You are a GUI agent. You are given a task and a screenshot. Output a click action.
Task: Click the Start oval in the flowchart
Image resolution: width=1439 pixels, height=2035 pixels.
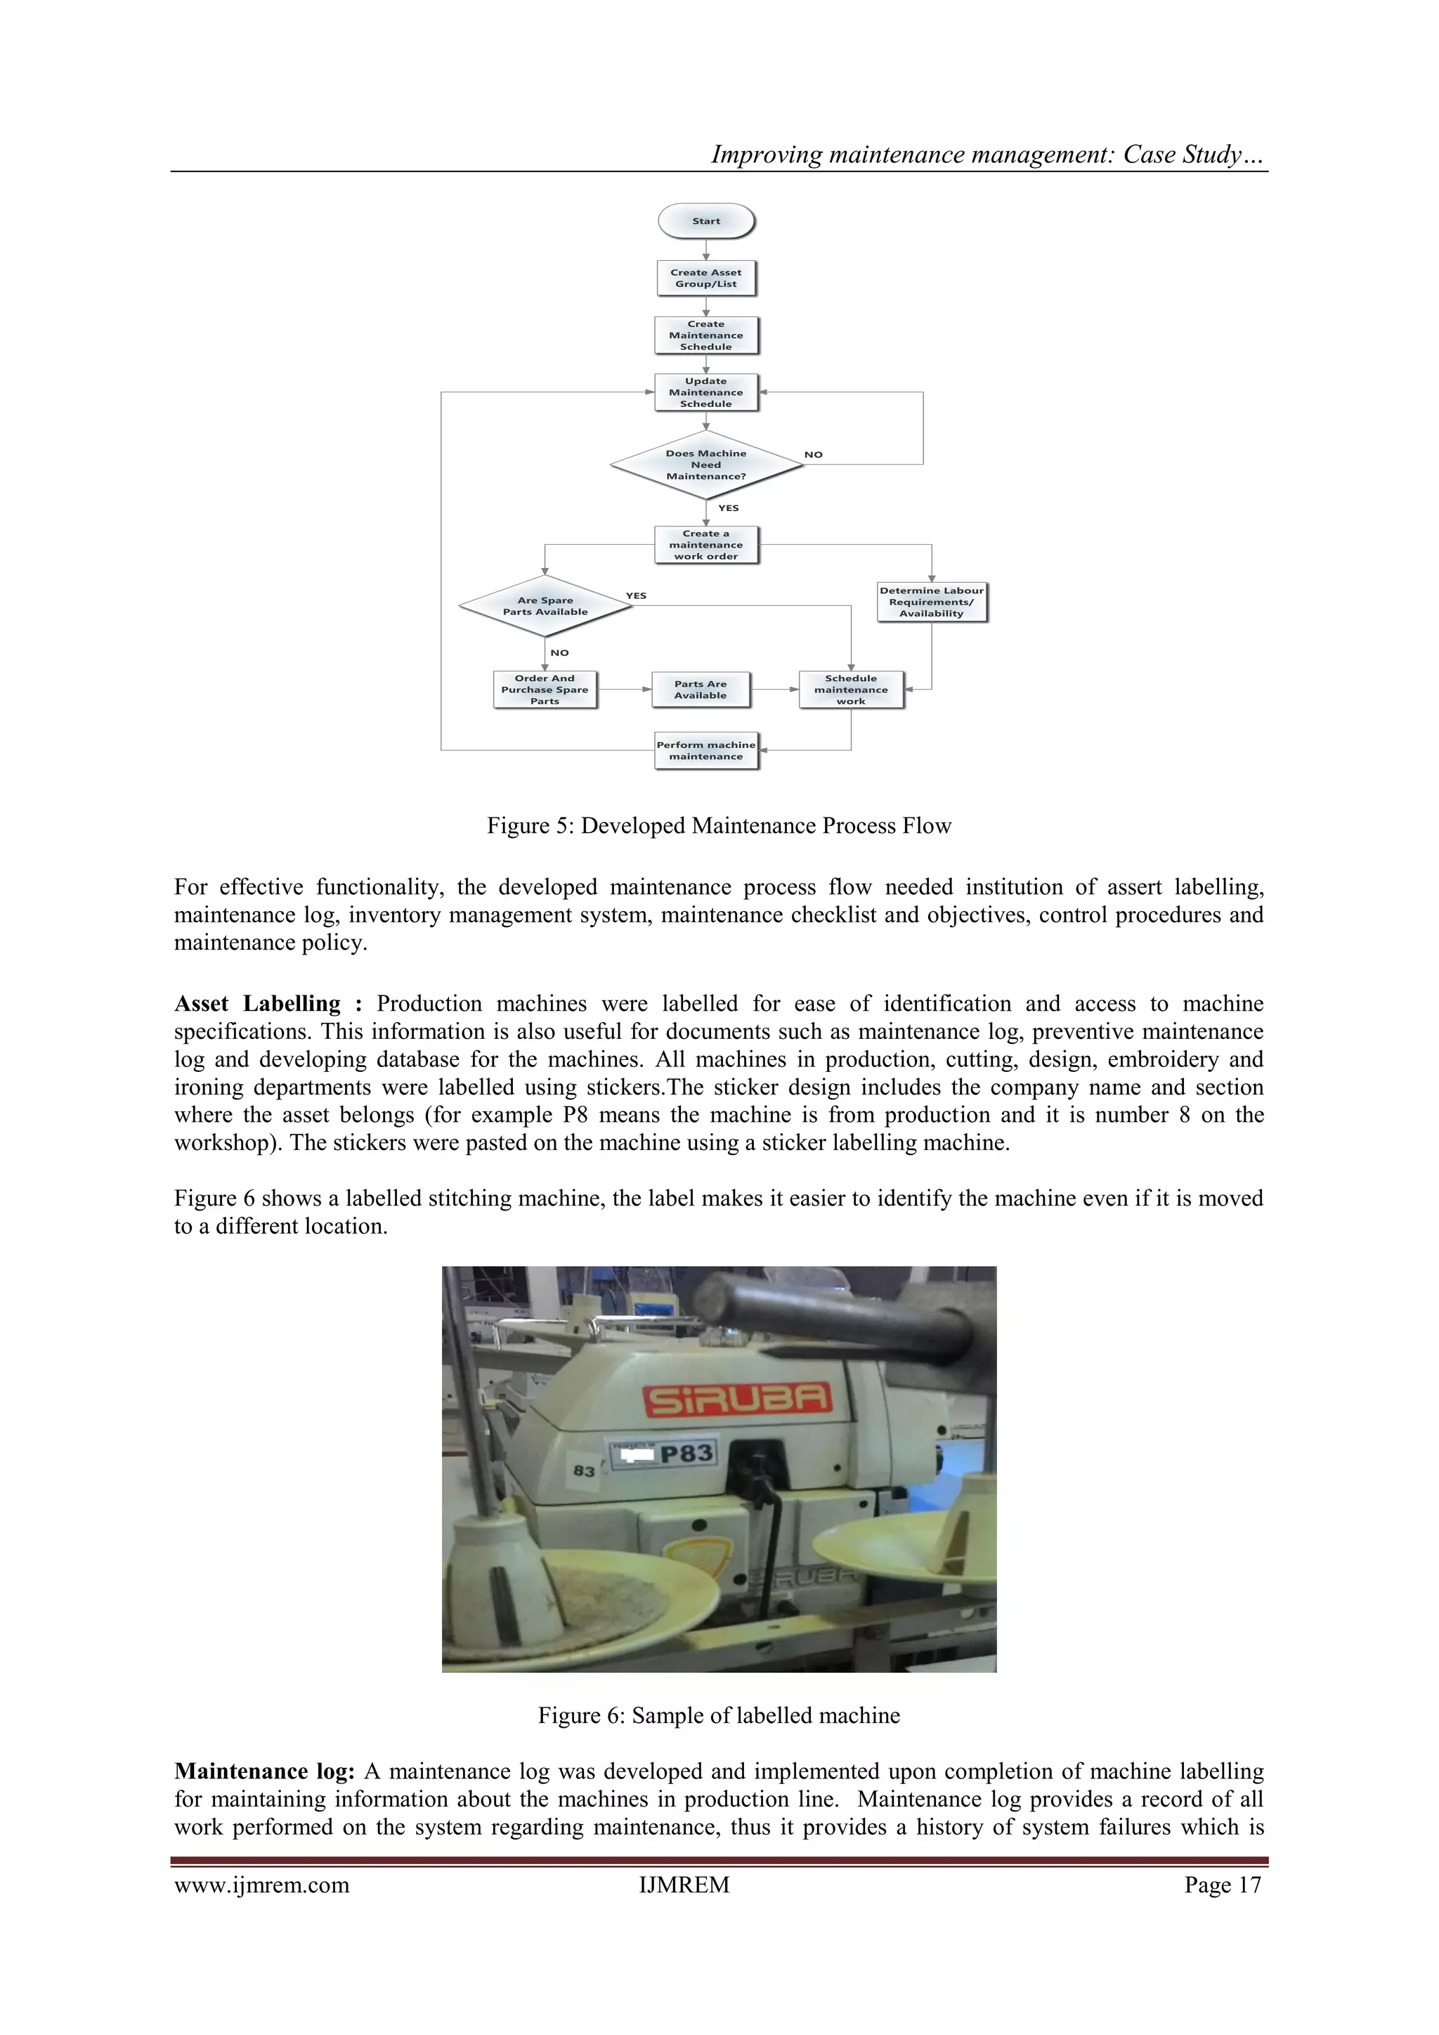pyautogui.click(x=705, y=221)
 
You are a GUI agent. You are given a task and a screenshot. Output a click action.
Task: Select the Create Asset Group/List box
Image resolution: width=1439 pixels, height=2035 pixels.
pyautogui.click(x=705, y=278)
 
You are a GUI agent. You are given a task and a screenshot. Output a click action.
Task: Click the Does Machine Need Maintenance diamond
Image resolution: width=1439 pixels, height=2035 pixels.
pyautogui.click(x=705, y=465)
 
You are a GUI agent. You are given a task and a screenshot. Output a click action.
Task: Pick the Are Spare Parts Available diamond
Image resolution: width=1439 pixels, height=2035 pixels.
pyautogui.click(x=545, y=606)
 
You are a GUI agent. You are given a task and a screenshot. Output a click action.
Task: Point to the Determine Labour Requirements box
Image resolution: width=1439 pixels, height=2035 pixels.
pyautogui.click(x=930, y=602)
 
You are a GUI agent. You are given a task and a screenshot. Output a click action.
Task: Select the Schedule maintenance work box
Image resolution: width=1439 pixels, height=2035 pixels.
pyautogui.click(x=851, y=690)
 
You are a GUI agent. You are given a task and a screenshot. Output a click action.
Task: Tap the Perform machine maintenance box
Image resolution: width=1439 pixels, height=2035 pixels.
pyautogui.click(x=705, y=751)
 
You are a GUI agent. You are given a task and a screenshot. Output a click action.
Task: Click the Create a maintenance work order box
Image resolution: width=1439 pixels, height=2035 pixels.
pyautogui.click(x=705, y=545)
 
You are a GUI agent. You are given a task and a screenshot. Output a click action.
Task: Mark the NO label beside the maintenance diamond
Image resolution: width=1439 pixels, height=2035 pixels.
pyautogui.click(x=812, y=455)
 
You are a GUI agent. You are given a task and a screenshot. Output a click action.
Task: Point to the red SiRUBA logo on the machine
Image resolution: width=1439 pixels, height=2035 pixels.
pyautogui.click(x=737, y=1400)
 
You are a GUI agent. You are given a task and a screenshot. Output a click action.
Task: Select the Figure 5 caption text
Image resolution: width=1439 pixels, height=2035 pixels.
pyautogui.click(x=719, y=826)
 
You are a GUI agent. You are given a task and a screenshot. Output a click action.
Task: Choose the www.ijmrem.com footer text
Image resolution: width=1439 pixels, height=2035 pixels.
pyautogui.click(x=261, y=1885)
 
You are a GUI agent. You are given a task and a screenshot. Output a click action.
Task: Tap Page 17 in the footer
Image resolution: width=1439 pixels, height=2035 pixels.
pyautogui.click(x=1222, y=1885)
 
